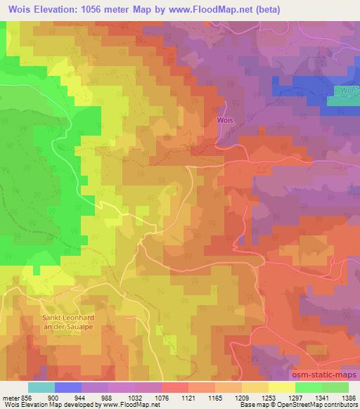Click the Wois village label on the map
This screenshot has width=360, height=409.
[x=225, y=120]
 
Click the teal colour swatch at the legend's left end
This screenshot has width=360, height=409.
[x=41, y=387]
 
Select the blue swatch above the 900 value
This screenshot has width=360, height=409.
[x=68, y=387]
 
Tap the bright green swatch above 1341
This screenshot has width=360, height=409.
[x=309, y=387]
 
